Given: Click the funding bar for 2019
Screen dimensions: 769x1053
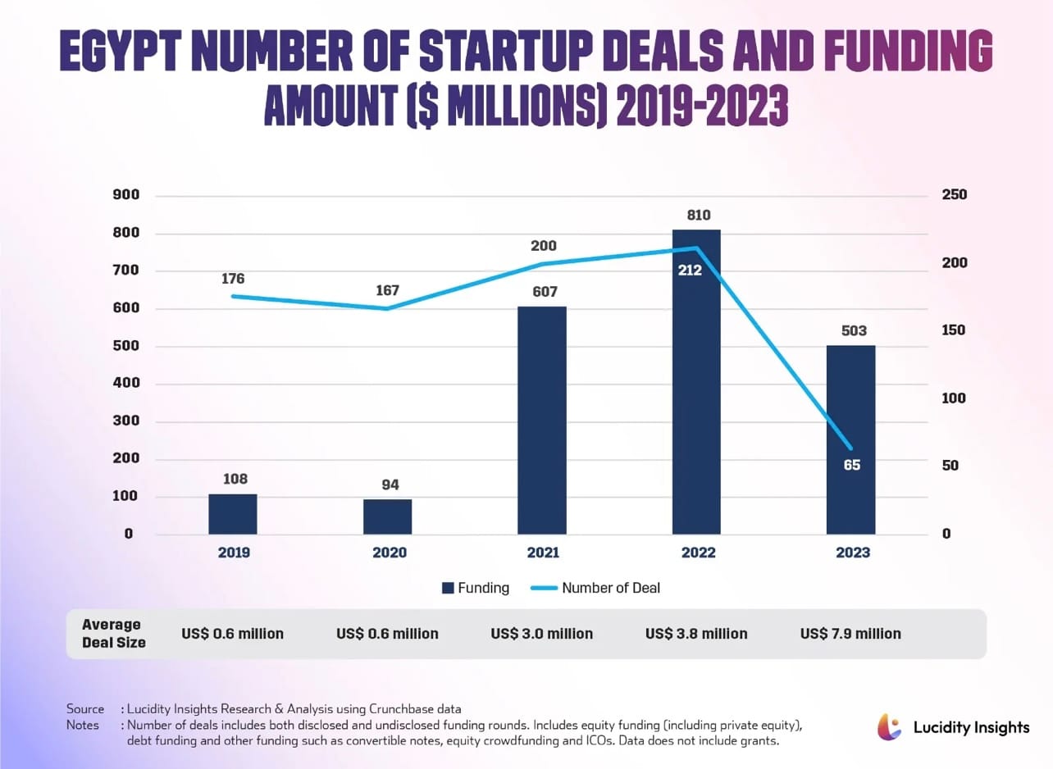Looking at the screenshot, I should click(x=233, y=514).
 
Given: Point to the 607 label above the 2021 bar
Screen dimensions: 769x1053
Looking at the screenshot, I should click(x=541, y=291).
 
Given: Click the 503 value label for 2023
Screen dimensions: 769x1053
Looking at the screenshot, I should click(x=851, y=330).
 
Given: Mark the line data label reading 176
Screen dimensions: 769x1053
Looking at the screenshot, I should click(x=233, y=279).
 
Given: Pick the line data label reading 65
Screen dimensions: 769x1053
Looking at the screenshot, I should click(x=851, y=465).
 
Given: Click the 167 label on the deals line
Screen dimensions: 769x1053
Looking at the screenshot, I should click(x=387, y=290).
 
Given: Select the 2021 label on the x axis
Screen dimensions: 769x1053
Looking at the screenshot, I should click(x=541, y=553).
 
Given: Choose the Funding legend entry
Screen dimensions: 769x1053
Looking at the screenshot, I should click(x=476, y=588).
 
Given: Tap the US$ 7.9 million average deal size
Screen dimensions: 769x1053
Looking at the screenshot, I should click(x=850, y=634).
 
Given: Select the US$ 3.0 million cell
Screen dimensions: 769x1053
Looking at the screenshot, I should click(x=541, y=634).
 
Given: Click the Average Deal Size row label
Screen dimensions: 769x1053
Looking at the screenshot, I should click(x=113, y=634).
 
